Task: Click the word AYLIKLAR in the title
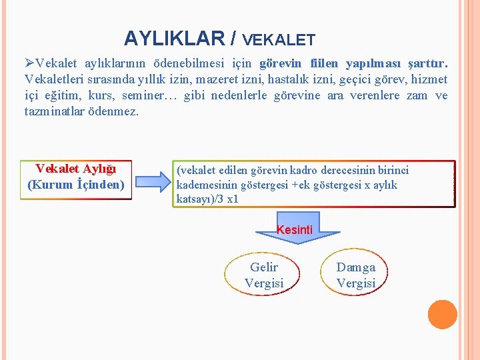click(x=174, y=39)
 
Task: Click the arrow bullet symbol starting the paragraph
click(x=30, y=64)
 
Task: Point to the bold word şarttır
click(x=427, y=64)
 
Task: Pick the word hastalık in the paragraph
click(x=319, y=79)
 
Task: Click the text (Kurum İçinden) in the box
click(x=76, y=184)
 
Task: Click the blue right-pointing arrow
click(x=151, y=181)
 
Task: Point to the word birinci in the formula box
click(x=390, y=170)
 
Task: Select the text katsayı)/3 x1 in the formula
click(x=207, y=199)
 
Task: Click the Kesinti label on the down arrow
click(x=295, y=230)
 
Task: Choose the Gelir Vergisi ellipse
click(x=264, y=275)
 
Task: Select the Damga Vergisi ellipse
click(x=355, y=275)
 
